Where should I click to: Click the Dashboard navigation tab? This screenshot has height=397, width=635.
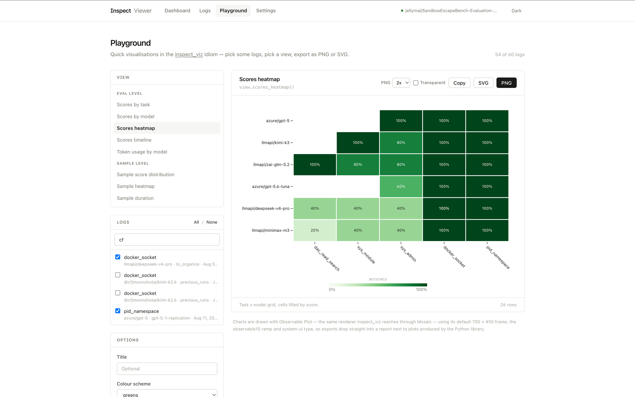coord(177,10)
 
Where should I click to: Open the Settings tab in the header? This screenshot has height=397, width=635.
coord(266,10)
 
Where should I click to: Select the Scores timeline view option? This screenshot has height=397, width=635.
coord(134,140)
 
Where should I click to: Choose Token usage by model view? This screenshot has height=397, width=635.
coord(142,152)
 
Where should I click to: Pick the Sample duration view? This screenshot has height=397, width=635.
coord(135,198)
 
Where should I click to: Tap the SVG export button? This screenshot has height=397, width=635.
coord(483,83)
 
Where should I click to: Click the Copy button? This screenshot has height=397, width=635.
coord(459,83)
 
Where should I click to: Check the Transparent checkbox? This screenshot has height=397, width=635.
coord(416,83)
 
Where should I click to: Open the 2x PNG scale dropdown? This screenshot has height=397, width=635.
coord(401,83)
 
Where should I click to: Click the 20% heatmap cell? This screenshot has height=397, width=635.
coord(315,230)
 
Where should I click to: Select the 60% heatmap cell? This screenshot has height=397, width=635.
coord(401,186)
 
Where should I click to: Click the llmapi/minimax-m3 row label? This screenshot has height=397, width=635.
coord(271,230)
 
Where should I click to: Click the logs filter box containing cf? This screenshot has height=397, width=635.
coord(167,240)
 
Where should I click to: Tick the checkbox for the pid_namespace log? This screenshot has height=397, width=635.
coord(118,311)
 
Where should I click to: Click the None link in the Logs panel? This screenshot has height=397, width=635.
coord(212,222)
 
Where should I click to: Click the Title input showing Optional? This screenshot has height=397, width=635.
coord(167,369)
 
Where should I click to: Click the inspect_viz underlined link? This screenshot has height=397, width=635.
coord(189,54)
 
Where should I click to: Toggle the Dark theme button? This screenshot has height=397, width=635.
coord(517,11)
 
